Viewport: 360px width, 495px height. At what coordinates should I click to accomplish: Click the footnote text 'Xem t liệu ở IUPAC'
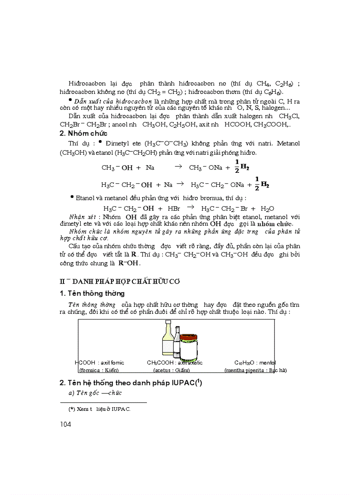click(x=100, y=409)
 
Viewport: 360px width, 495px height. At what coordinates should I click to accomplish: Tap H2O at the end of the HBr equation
click(x=268, y=208)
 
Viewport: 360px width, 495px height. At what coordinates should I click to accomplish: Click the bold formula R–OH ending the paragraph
click(x=128, y=263)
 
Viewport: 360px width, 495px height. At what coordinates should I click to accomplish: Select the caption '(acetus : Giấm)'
click(x=168, y=370)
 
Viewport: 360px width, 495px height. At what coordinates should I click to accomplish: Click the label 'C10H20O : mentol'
click(x=255, y=363)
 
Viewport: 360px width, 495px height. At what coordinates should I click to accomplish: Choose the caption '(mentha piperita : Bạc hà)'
click(x=255, y=370)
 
